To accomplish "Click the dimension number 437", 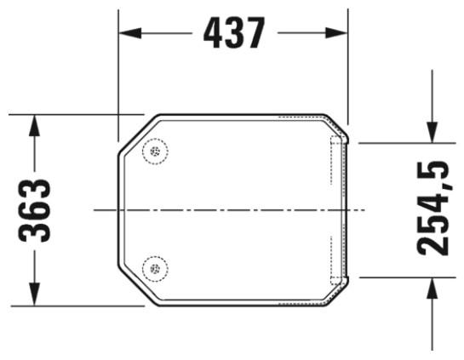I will [x=232, y=33].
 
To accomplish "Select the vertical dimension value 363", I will [x=35, y=209].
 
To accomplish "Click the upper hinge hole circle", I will [x=155, y=151].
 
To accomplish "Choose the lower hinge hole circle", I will [x=155, y=268].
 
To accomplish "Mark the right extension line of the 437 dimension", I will [x=348, y=68].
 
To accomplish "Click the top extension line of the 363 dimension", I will [x=77, y=113].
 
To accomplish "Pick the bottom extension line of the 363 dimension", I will [x=77, y=304].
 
